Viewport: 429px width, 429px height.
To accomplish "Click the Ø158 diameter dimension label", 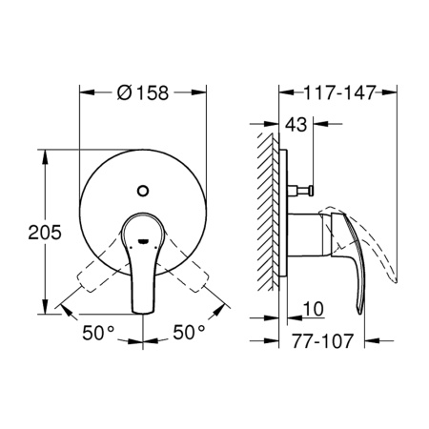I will [x=144, y=94].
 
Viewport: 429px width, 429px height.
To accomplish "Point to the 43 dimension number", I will [x=296, y=124].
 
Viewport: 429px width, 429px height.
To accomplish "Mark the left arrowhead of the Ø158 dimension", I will [x=83, y=93].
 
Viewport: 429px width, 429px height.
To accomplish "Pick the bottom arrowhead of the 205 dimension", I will [x=45, y=310].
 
